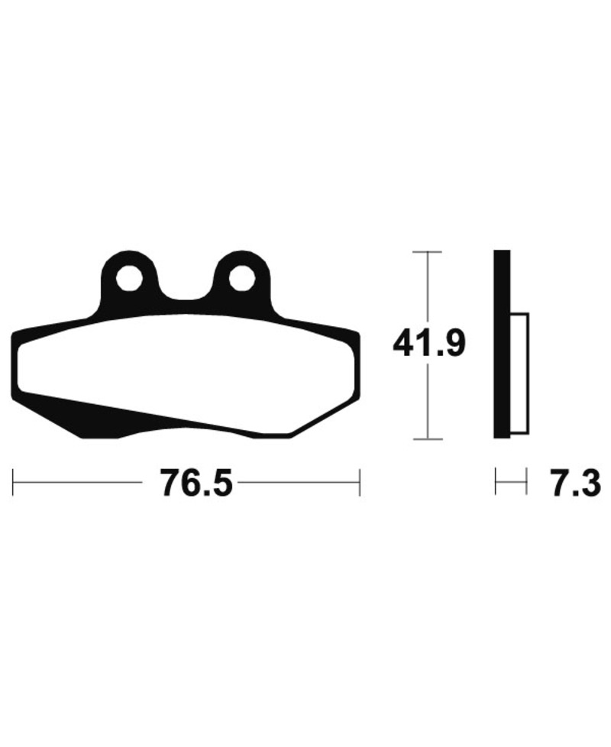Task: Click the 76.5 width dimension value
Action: point(196,483)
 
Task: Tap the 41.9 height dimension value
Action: point(428,343)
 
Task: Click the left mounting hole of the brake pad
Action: point(128,280)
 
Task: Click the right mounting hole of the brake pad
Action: point(241,280)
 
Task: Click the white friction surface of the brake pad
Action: point(186,362)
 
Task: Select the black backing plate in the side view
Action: point(502,344)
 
